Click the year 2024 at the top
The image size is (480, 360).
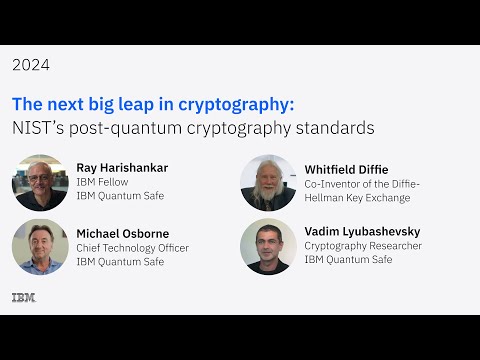tap(31, 65)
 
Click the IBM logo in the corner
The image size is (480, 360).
tap(23, 297)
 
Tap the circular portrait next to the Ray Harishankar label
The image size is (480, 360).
tap(40, 182)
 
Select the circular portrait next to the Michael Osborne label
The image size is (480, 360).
tap(40, 247)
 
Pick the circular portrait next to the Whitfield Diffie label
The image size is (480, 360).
tap(268, 182)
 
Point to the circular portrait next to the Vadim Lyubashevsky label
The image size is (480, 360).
tap(268, 247)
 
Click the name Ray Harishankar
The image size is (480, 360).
tap(122, 168)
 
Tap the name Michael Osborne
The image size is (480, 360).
tap(123, 233)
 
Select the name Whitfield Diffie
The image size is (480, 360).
tap(346, 169)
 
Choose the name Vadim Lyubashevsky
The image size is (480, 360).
tap(360, 231)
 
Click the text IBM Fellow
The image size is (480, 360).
tap(102, 183)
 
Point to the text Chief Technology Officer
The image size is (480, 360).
tap(132, 248)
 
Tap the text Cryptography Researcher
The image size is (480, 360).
tap(363, 246)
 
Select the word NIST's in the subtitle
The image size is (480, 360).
tap(36, 128)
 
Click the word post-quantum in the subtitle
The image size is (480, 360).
tap(119, 128)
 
